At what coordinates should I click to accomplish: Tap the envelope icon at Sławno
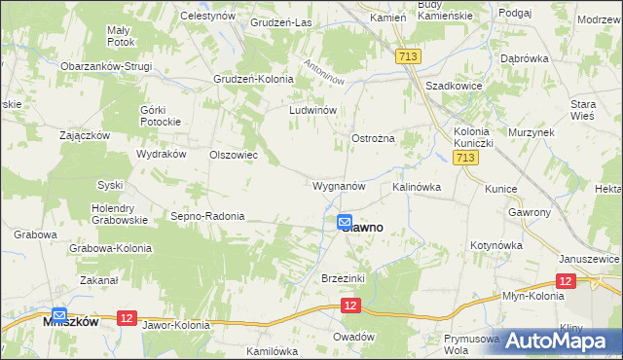coord(346,223)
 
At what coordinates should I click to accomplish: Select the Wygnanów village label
coord(339,185)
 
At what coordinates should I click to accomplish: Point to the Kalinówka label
coord(418,186)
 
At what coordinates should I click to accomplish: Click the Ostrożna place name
coord(373,139)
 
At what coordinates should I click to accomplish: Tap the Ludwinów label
coord(312,111)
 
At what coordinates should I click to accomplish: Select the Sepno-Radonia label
coord(207,216)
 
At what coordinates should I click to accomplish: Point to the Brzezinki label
coord(343,278)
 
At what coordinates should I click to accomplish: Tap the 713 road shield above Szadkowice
coord(408,58)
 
